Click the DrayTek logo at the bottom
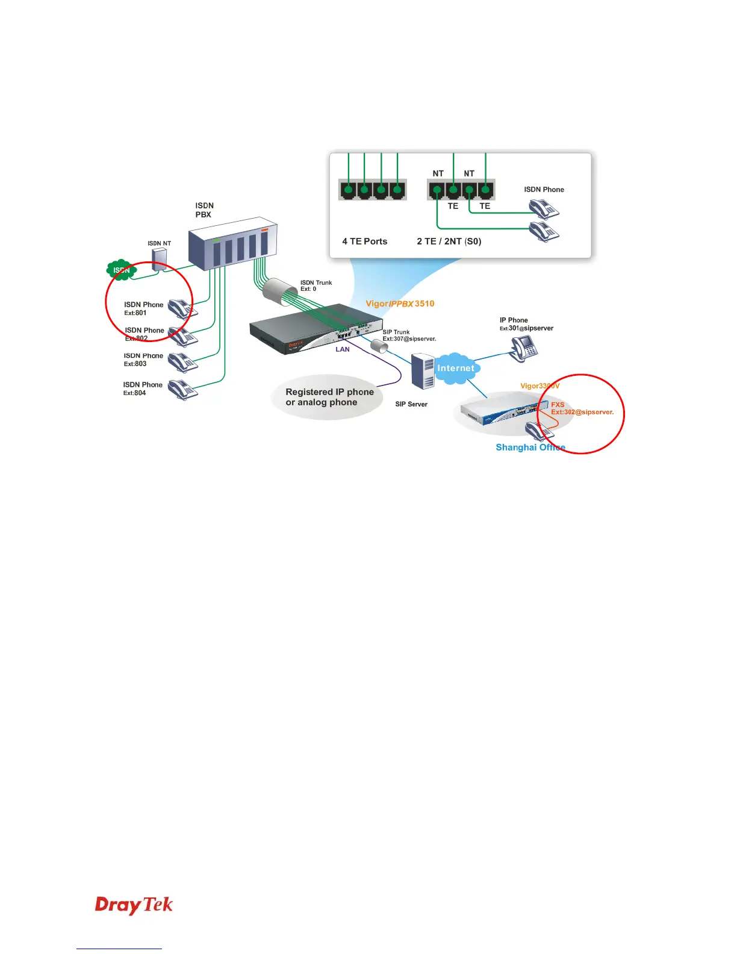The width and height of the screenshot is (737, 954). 134,905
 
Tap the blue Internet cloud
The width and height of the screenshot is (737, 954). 456,368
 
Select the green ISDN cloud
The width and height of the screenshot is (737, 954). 122,270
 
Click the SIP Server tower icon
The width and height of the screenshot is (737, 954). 422,372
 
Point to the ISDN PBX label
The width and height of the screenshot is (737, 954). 204,210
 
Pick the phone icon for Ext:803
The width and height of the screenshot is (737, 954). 182,363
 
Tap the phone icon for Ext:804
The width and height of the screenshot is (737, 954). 182,389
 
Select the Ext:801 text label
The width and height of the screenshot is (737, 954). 135,313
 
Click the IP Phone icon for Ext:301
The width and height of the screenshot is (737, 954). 524,348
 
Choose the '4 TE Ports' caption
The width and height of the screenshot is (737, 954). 365,242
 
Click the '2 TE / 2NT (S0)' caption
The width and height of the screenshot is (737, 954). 449,242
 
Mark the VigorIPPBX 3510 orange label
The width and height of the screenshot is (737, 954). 400,304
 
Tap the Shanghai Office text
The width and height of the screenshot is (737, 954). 530,447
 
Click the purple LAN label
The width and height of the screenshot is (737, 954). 343,349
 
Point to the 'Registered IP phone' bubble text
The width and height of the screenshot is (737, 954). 329,392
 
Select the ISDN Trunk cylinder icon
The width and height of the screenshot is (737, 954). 281,290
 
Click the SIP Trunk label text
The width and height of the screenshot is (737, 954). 396,332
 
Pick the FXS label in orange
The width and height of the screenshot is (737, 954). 558,405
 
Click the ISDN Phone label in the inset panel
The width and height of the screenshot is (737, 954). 544,190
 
